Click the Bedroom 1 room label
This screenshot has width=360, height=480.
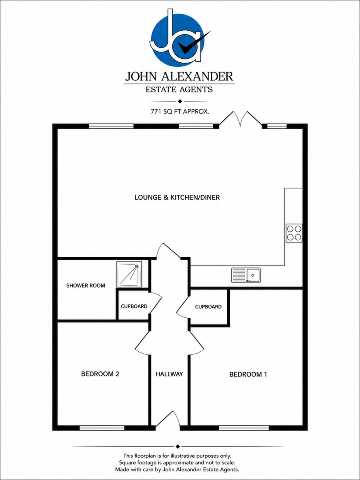tap(248, 374)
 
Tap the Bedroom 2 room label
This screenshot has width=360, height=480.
tap(100, 374)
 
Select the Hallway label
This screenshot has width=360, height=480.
tap(169, 374)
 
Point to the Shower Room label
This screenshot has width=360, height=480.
tap(86, 286)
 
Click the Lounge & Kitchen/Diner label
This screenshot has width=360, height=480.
tap(177, 198)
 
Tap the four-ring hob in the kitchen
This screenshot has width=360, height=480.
tap(294, 233)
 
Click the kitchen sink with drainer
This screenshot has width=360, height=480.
tap(246, 275)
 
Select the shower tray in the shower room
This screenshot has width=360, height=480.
tap(129, 274)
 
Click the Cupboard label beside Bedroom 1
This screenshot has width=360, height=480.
tap(208, 307)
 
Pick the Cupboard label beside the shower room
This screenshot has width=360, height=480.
tap(134, 306)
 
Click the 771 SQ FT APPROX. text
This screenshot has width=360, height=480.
tap(180, 112)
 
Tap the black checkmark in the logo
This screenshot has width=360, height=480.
tap(194, 43)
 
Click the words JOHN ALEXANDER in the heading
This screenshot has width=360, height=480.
tap(179, 76)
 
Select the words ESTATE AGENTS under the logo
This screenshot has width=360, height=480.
tap(179, 90)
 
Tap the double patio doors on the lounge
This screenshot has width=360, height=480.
tap(240, 119)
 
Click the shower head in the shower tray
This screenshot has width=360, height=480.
tap(137, 266)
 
